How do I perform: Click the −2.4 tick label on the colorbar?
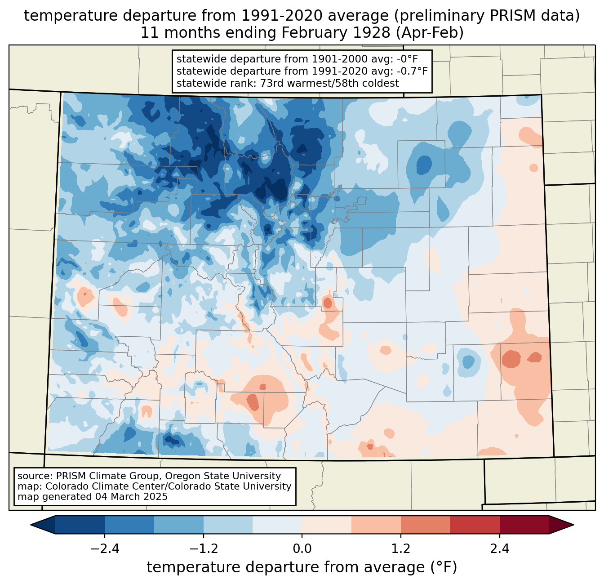point(105,549)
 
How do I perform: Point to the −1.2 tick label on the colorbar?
point(203,549)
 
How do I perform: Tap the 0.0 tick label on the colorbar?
point(302,549)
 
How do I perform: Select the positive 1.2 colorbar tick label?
point(401,549)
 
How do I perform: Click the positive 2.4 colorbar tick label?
point(499,549)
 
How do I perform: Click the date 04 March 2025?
point(131,497)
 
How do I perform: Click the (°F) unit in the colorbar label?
point(444,567)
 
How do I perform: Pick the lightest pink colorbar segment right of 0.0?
point(327,525)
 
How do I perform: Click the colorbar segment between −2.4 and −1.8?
point(129,525)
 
